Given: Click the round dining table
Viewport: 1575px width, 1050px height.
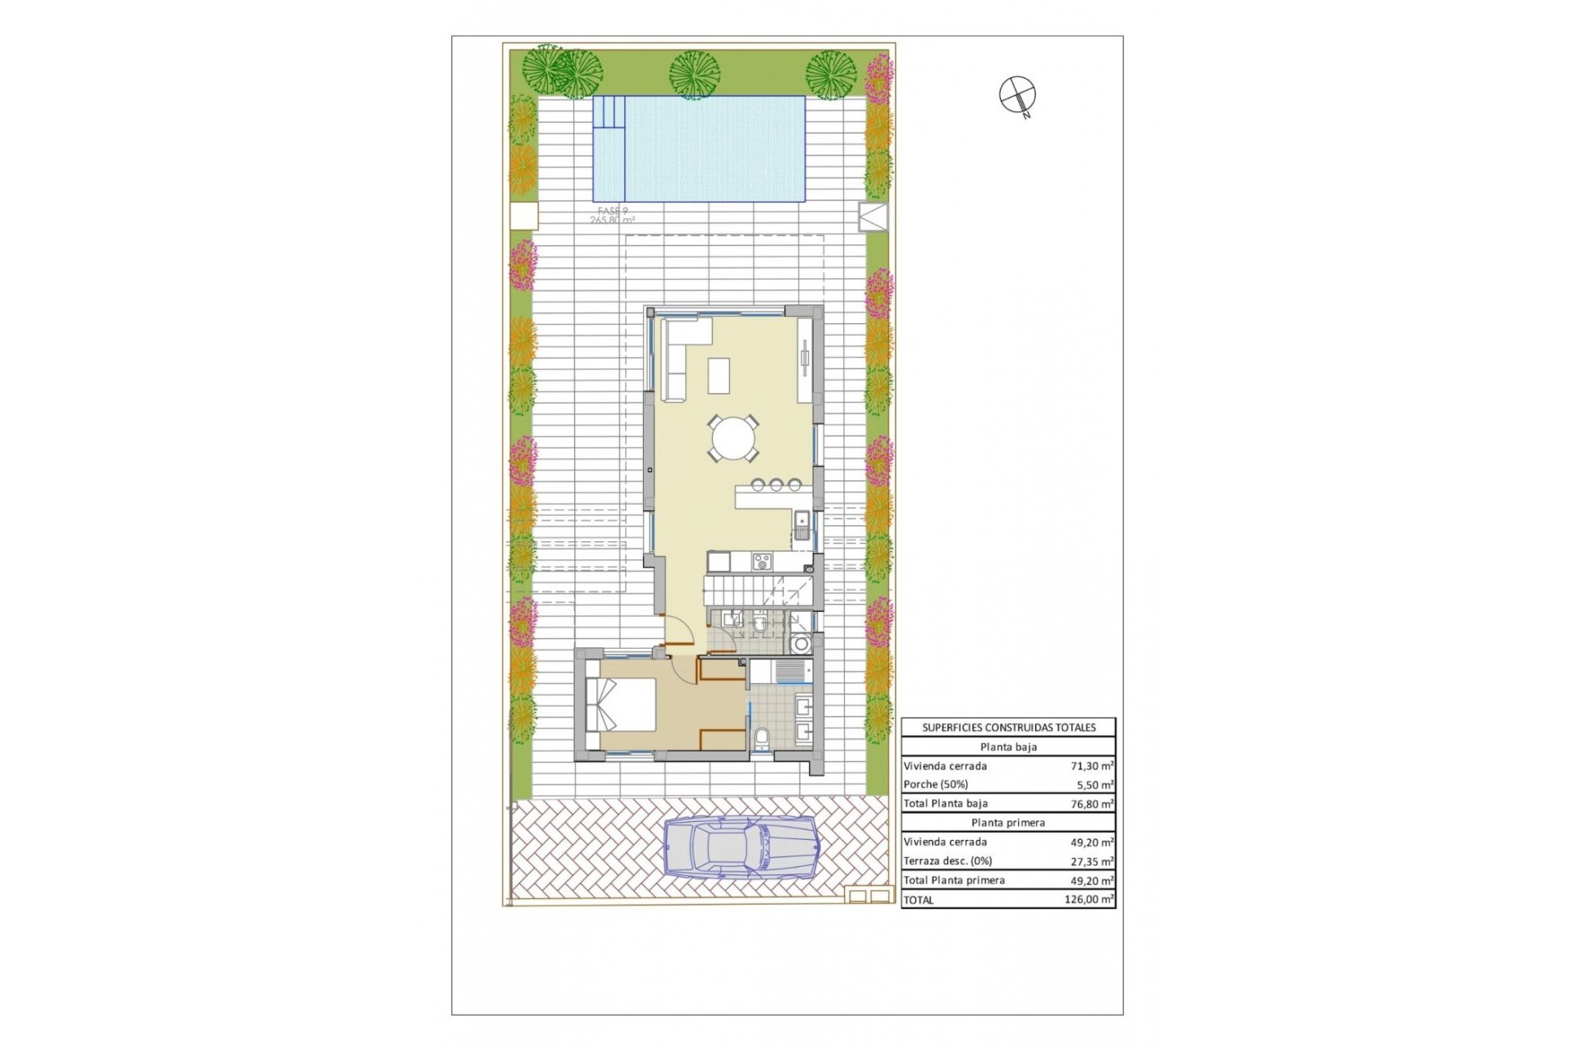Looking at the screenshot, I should tap(734, 439).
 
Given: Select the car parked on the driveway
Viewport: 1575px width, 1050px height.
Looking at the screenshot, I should tap(740, 847).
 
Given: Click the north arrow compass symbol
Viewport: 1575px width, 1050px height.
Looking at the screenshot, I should tap(1017, 94).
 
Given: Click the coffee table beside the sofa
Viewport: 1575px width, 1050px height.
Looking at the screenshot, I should tap(719, 376).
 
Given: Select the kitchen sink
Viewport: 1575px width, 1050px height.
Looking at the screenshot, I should tap(801, 525).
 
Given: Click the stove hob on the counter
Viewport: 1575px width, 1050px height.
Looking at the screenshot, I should tap(762, 562).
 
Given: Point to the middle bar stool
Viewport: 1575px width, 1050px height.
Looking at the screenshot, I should tap(776, 485).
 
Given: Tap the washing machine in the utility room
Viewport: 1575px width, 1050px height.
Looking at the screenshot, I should tap(801, 643).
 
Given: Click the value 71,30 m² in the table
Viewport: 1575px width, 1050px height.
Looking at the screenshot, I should tap(1091, 766).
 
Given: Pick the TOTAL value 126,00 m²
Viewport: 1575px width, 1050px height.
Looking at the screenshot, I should tap(1089, 900).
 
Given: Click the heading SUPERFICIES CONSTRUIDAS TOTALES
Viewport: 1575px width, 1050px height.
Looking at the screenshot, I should tap(1008, 728).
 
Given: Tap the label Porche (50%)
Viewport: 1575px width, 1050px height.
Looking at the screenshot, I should tap(935, 785).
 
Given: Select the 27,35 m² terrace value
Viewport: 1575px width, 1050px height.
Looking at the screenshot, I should tap(1091, 861).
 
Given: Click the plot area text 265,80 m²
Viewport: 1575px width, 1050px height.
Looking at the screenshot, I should tap(612, 220).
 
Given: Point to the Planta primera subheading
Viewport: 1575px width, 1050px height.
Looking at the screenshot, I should tap(1008, 823).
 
